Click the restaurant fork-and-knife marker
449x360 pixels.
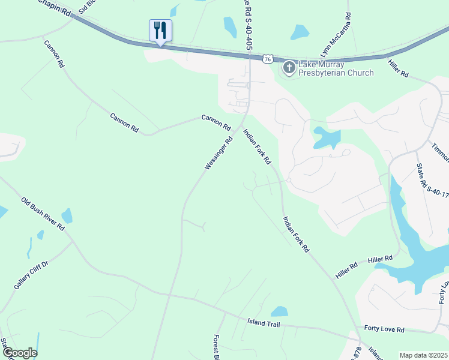tap(160, 30)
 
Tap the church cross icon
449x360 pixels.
tap(289, 67)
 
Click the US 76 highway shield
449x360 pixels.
tap(268, 59)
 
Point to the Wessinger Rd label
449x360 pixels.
tap(218, 154)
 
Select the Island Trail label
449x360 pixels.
tap(264, 323)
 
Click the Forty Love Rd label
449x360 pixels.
tap(384, 329)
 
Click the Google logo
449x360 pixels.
tap(19, 353)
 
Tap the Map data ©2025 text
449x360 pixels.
tap(423, 355)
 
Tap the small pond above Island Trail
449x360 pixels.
tap(279, 311)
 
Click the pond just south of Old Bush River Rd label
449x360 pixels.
tap(67, 215)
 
